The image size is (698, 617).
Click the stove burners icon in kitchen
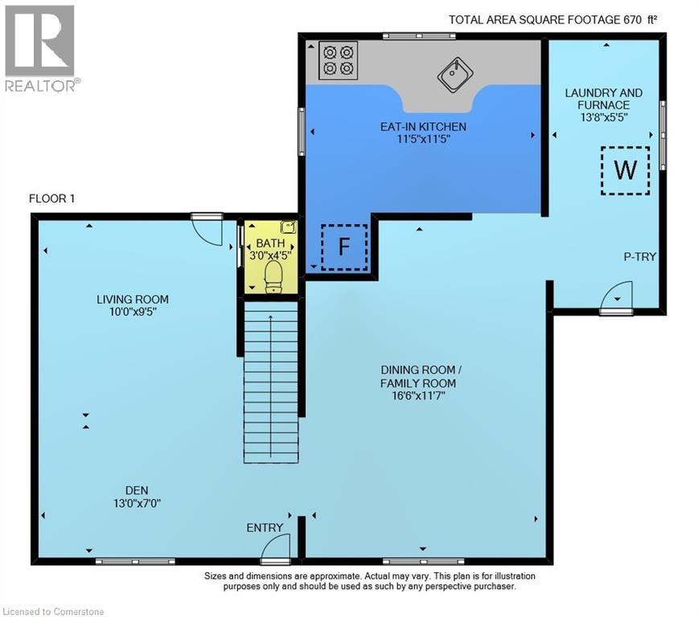click(337, 60)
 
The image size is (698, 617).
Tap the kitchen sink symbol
click(454, 76)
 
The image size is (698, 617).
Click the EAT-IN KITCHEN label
click(423, 127)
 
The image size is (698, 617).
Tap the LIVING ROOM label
click(133, 300)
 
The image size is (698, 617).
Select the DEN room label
click(136, 490)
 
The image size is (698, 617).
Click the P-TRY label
click(640, 257)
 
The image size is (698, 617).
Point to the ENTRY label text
click(265, 528)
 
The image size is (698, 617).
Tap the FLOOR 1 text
click(51, 198)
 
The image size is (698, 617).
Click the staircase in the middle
click(271, 378)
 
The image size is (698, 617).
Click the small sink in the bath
click(287, 228)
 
